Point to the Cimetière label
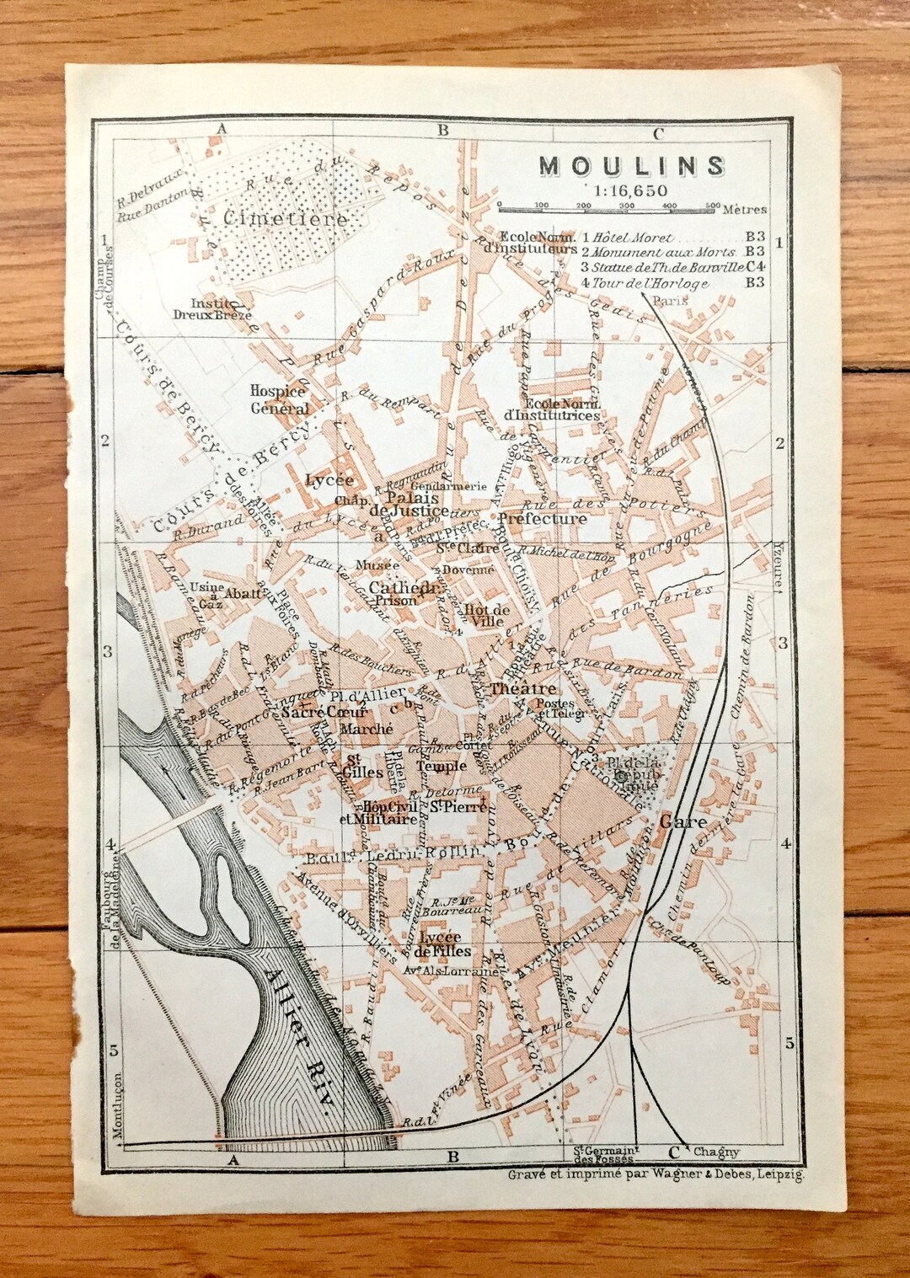tap(285, 219)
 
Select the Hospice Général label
tap(279, 400)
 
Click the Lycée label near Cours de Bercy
tap(329, 480)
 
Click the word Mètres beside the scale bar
tap(744, 209)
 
